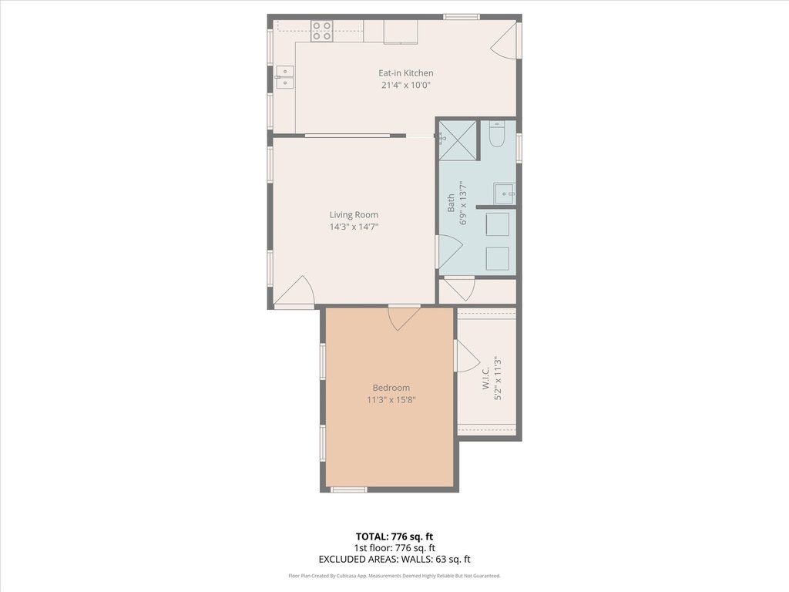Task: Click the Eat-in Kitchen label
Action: tap(405, 73)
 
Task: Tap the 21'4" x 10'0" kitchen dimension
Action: tap(405, 85)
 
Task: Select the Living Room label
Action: tap(354, 215)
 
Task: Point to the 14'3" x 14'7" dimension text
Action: tap(354, 227)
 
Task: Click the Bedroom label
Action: tap(391, 388)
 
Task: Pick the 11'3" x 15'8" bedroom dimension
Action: tap(391, 400)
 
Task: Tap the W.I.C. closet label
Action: tap(485, 378)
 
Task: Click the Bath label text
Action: tap(451, 203)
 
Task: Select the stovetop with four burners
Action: tap(321, 30)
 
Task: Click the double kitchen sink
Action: tap(285, 78)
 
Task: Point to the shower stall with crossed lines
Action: tap(458, 140)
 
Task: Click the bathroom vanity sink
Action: tap(504, 193)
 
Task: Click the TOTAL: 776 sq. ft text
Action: tap(394, 536)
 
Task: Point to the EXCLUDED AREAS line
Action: tap(394, 560)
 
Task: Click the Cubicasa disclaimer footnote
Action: tap(394, 576)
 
